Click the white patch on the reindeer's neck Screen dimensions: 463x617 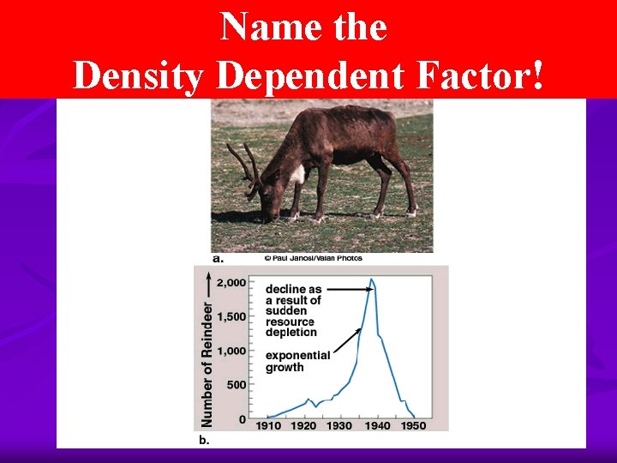click(x=298, y=174)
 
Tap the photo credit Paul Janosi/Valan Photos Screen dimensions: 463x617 click(x=313, y=258)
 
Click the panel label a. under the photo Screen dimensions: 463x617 click(x=219, y=258)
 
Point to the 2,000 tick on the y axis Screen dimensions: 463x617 click(x=232, y=282)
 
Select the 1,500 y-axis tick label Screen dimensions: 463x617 click(x=232, y=316)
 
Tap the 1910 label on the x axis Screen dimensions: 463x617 click(x=267, y=425)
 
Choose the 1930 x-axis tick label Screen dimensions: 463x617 click(x=339, y=425)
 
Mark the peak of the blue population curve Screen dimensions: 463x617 click(x=371, y=280)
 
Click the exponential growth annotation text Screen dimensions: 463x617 click(x=297, y=361)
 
